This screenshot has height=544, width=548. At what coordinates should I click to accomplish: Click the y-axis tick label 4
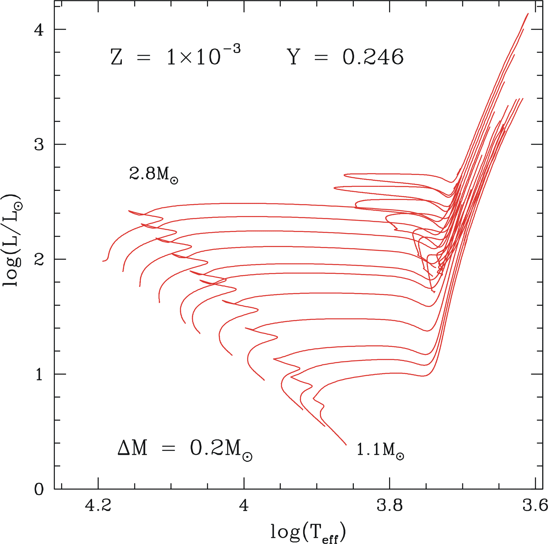[x=39, y=29]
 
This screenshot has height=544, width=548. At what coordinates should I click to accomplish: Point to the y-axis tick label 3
[x=39, y=144]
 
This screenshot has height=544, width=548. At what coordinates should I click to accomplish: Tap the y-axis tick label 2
[x=39, y=259]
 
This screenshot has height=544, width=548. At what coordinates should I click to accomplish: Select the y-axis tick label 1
[x=39, y=374]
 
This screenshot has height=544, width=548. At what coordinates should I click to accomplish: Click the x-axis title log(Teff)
[x=308, y=532]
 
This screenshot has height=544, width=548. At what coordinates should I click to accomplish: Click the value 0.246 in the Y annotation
[x=373, y=57]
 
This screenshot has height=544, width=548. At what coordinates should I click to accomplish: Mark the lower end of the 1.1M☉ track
[x=346, y=445]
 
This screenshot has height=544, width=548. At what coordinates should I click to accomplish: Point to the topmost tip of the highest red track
[x=528, y=13]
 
